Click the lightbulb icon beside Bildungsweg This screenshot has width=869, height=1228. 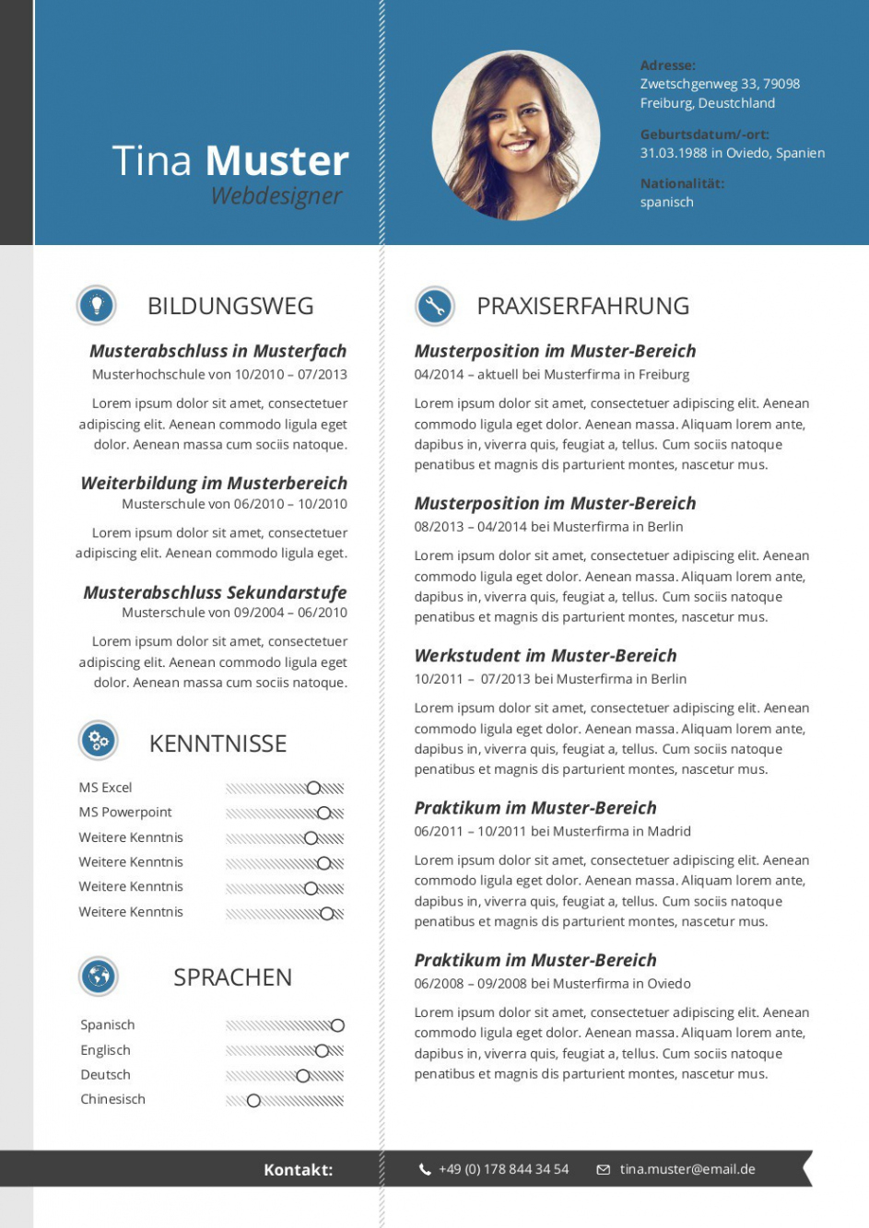pos(97,305)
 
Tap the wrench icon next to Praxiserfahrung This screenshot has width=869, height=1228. pos(435,306)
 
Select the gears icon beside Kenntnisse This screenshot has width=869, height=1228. pos(99,740)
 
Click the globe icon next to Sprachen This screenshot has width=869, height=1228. pos(99,976)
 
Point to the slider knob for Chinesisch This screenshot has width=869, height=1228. pos(253,1100)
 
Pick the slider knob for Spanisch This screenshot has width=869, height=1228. pos(337,1025)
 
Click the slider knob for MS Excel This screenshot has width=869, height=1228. pos(313,788)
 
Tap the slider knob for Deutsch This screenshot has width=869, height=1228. pos(303,1075)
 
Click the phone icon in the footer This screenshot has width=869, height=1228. pos(425,1169)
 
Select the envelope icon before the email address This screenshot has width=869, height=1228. pos(604,1169)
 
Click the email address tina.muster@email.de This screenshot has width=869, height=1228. pos(687,1169)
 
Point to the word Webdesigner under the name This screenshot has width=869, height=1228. pos(276,195)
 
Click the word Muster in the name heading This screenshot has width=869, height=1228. pos(276,160)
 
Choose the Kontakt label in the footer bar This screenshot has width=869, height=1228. pos(298,1170)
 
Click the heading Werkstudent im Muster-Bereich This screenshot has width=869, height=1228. pos(546,655)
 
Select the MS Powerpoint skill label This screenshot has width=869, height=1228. pos(125,812)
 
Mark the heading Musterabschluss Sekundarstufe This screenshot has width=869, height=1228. pos(215,592)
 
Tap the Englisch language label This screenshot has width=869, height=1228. pos(105,1050)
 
